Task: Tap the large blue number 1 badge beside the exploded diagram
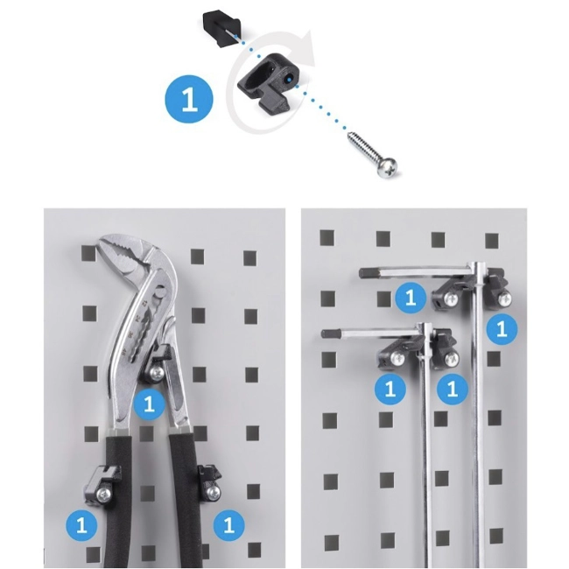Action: pos(189,99)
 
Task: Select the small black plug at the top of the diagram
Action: pos(221,29)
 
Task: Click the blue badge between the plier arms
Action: pos(149,404)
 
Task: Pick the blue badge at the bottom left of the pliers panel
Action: pos(81,524)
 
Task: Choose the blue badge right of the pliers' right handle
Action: pos(228,524)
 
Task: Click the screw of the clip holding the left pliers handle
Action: pos(104,494)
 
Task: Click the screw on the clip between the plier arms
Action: pos(157,374)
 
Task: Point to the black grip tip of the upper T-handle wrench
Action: pos(369,272)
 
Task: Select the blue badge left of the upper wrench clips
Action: pos(411,298)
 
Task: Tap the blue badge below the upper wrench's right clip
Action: pos(502,329)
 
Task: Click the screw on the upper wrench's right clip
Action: pos(505,299)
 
